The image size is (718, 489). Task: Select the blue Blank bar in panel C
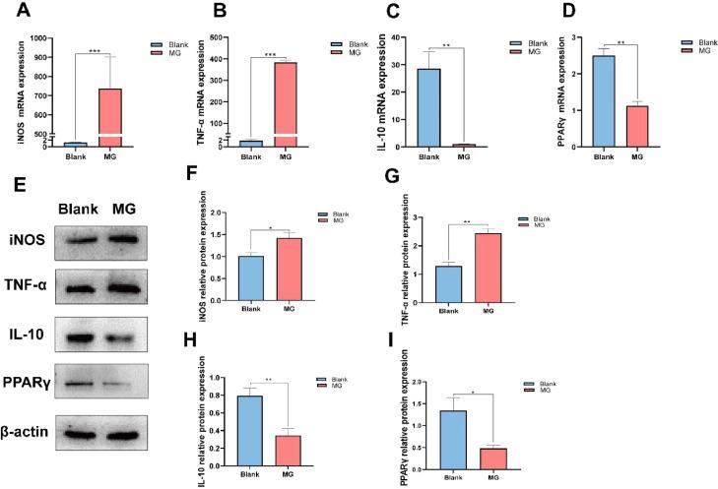427,107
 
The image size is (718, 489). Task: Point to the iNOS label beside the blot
27,240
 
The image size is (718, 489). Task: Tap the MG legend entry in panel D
701,55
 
